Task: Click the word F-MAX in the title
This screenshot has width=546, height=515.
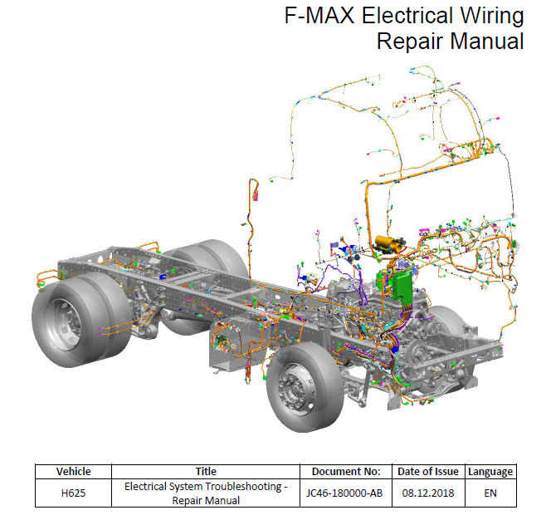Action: tap(319, 15)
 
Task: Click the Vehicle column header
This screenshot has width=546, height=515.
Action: tap(74, 472)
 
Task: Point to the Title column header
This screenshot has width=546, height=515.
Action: tap(206, 472)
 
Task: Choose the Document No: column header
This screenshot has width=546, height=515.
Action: tap(346, 472)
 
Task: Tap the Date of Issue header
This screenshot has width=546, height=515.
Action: tap(428, 472)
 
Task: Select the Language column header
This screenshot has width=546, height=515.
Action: tap(490, 472)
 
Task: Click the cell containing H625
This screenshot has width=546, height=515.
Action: tap(74, 493)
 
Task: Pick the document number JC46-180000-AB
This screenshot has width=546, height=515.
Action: tap(344, 493)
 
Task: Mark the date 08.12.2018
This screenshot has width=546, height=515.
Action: tap(428, 493)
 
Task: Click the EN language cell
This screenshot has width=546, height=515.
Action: tap(490, 493)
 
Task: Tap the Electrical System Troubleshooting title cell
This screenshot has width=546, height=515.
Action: tap(206, 493)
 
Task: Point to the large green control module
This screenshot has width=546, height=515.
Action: tap(402, 286)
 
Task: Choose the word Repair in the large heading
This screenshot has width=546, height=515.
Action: tap(399, 42)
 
